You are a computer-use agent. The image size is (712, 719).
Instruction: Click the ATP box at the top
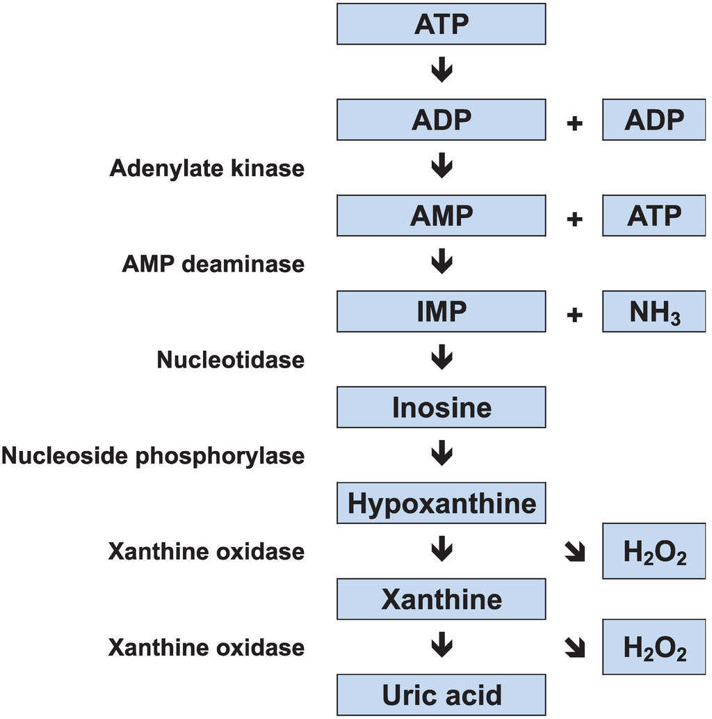click(x=441, y=24)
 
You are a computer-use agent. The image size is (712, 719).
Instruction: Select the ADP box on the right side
click(x=654, y=120)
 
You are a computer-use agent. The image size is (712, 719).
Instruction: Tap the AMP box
click(x=441, y=216)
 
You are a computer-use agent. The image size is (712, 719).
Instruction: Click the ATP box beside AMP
click(x=654, y=216)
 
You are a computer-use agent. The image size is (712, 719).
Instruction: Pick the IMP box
click(x=441, y=312)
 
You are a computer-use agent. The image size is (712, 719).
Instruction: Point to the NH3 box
click(x=654, y=312)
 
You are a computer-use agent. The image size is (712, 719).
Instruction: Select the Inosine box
click(x=441, y=407)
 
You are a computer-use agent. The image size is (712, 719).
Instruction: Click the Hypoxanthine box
click(x=441, y=503)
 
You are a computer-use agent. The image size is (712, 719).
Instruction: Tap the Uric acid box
click(x=441, y=695)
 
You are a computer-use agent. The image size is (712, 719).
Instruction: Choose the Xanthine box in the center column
click(x=441, y=599)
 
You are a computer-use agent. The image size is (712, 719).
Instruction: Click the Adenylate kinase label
click(x=207, y=168)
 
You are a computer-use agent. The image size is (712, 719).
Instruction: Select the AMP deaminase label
click(x=213, y=264)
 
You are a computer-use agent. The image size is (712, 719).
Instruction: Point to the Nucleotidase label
click(x=230, y=360)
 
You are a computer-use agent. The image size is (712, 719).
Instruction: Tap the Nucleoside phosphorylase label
click(x=152, y=456)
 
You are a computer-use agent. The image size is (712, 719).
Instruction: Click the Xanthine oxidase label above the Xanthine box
click(x=206, y=551)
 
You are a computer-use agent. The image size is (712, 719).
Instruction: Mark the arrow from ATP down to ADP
click(x=442, y=70)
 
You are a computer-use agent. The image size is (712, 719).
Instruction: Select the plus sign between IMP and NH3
click(x=574, y=315)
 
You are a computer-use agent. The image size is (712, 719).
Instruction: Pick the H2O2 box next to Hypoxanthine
click(x=654, y=551)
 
